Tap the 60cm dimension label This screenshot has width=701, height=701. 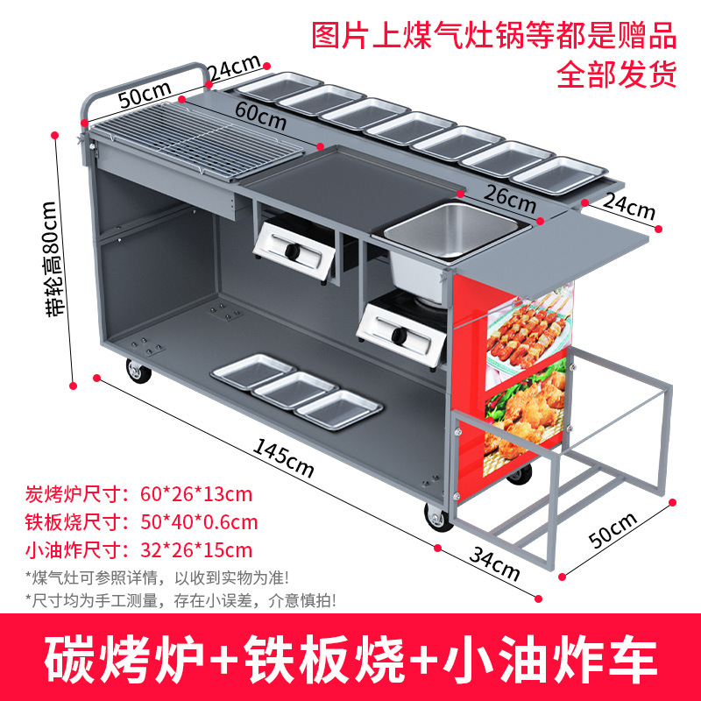260,111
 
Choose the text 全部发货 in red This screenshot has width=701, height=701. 617,74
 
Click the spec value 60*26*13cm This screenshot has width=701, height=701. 196,493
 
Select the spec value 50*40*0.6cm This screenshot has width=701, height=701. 199,522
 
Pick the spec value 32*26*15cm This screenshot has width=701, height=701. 196,550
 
